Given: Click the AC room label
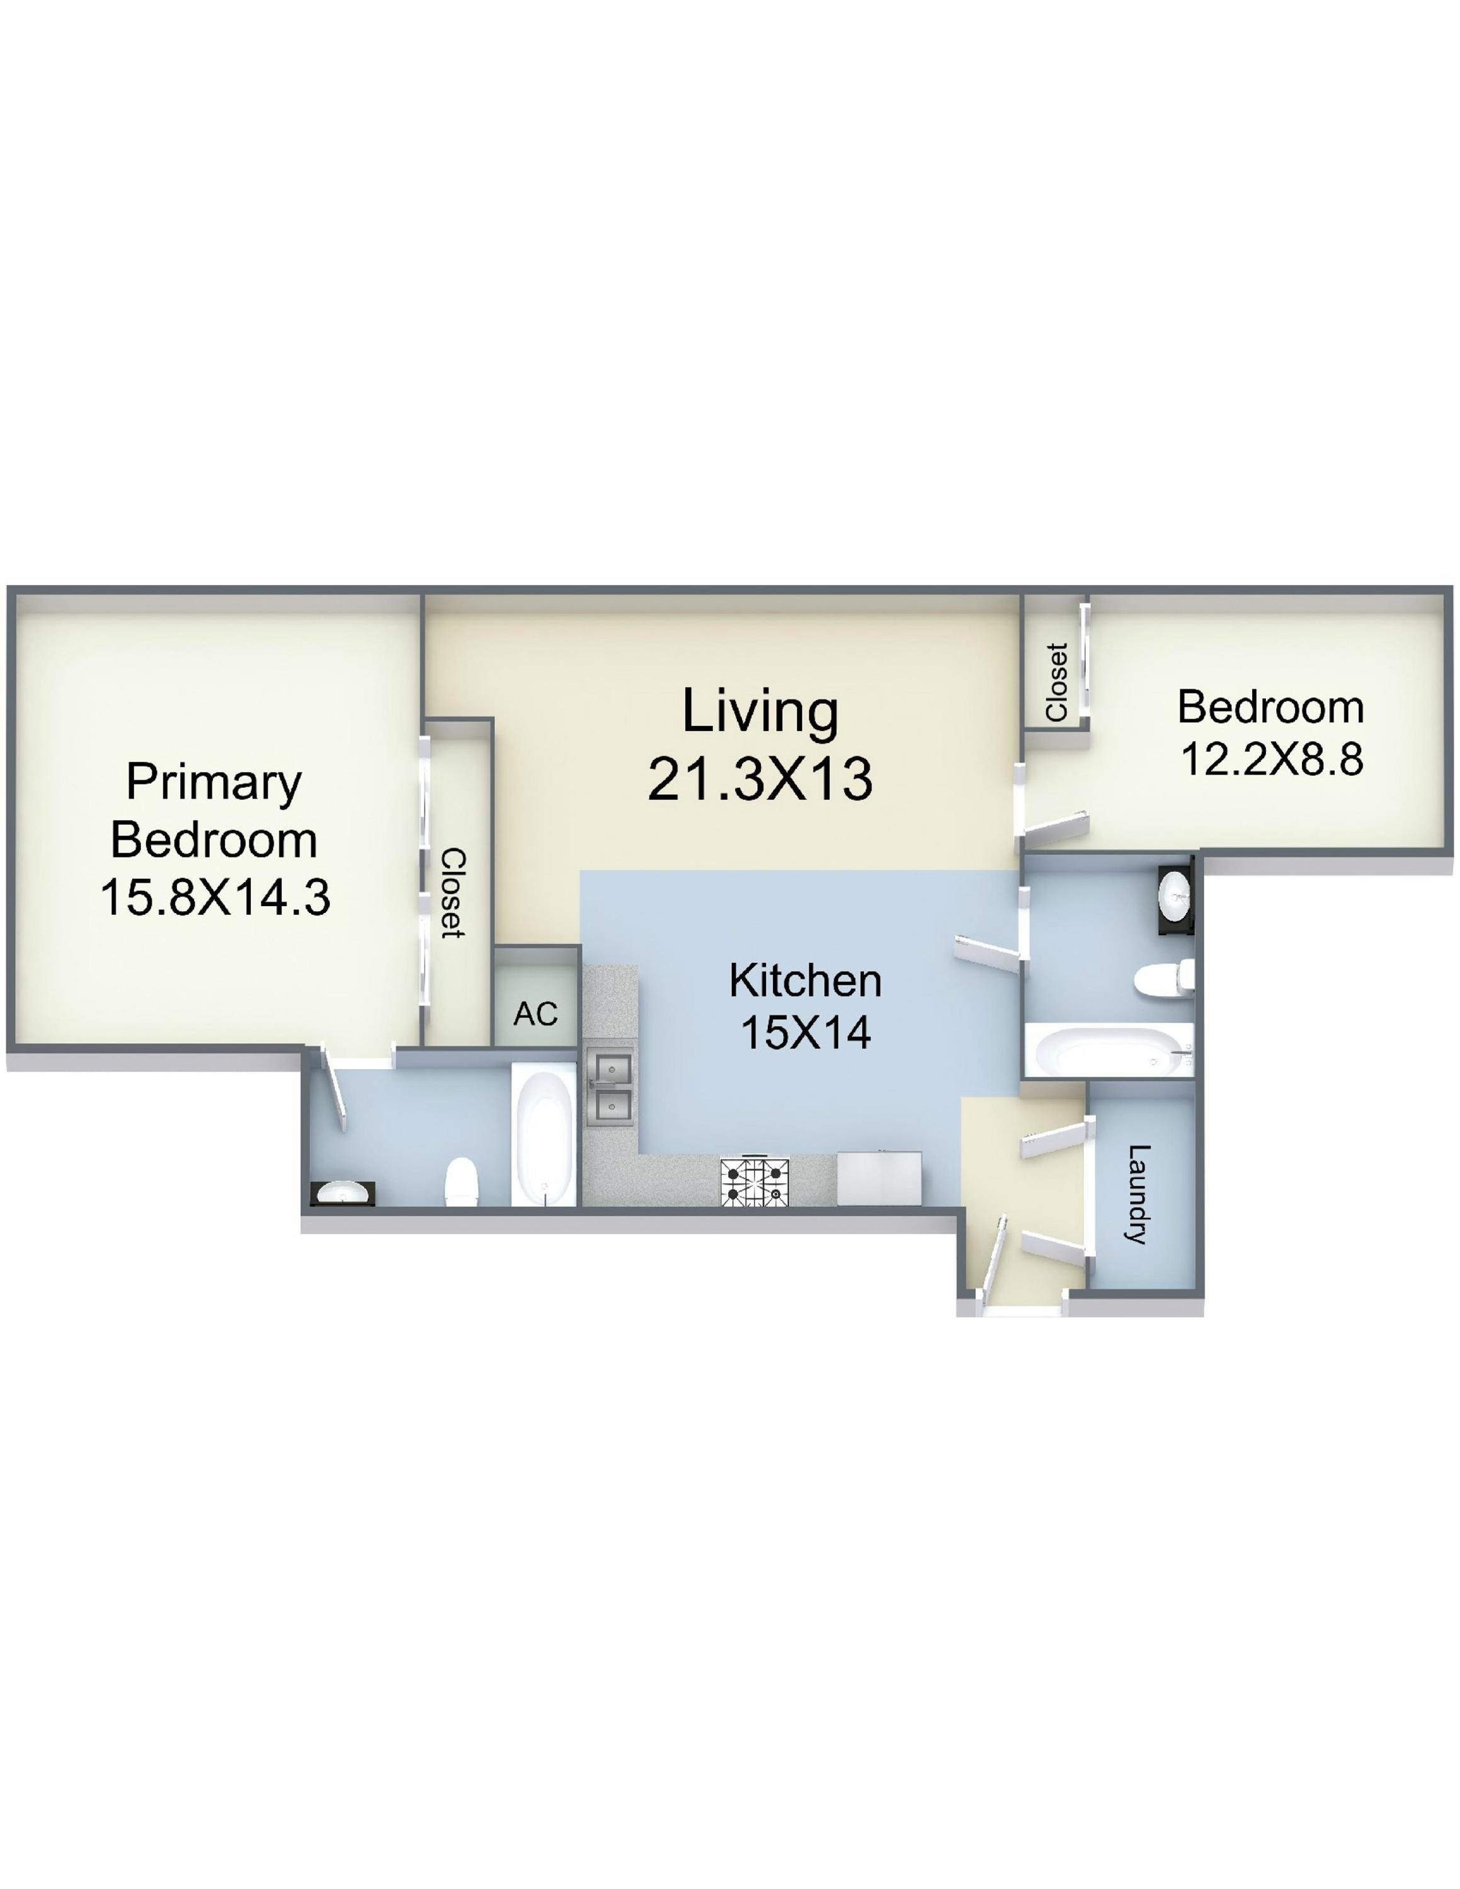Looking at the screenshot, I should pyautogui.click(x=535, y=1014).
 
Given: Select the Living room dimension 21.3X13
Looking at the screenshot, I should pyautogui.click(x=760, y=778).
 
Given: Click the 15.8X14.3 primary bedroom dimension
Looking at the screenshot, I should pyautogui.click(x=215, y=897).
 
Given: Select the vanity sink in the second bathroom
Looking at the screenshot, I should pyautogui.click(x=1175, y=900).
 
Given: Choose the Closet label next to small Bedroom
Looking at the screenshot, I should pyautogui.click(x=1056, y=683).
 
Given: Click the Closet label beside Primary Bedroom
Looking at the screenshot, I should pyautogui.click(x=453, y=893).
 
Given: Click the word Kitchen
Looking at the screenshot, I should pyautogui.click(x=805, y=981).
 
